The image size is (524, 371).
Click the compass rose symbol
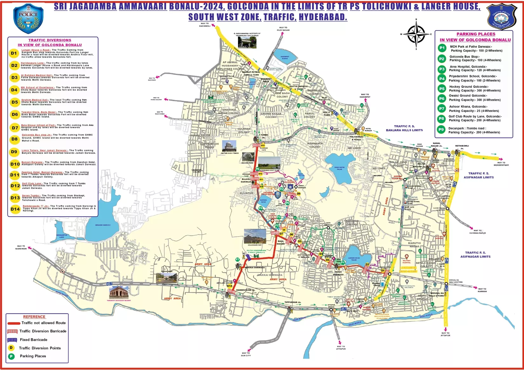(416, 34)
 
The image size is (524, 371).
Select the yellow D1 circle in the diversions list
(14, 53)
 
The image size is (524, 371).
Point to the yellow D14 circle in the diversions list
(15, 209)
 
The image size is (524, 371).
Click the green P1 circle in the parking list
(442, 48)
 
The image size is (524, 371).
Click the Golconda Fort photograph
(255, 237)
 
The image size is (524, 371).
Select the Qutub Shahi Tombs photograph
(229, 146)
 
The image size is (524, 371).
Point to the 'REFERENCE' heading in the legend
(34, 317)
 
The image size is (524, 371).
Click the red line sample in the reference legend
(14, 323)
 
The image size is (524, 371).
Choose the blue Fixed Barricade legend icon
(12, 340)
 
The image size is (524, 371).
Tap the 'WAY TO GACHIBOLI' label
(205, 24)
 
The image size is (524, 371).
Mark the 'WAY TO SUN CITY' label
(246, 354)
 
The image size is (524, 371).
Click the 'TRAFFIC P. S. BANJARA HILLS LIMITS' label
(404, 128)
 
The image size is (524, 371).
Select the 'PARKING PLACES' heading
(476, 34)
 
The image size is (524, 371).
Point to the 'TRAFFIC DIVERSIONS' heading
(50, 40)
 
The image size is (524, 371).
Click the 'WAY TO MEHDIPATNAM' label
(501, 164)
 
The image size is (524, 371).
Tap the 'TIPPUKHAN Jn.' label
(293, 302)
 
